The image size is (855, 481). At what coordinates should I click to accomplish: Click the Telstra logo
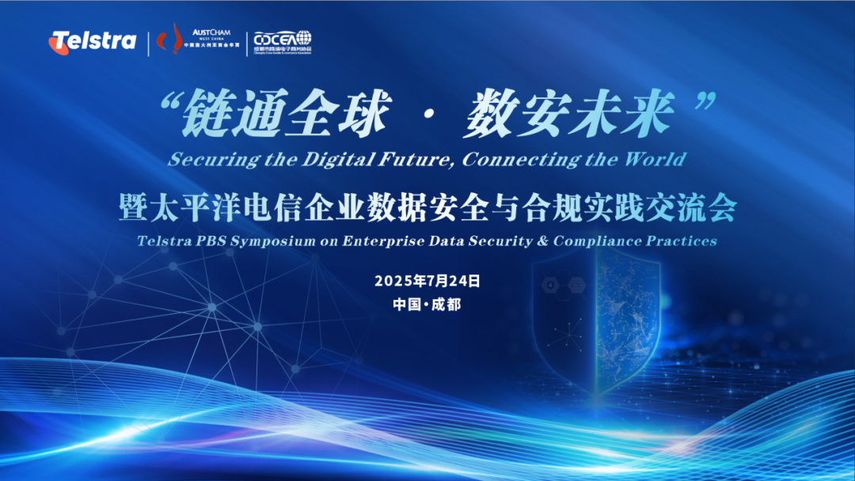coord(93,41)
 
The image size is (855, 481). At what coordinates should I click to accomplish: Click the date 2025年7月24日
coord(427,281)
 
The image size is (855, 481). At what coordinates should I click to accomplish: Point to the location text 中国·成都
coord(427,304)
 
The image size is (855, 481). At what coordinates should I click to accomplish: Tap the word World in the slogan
coord(654,159)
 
